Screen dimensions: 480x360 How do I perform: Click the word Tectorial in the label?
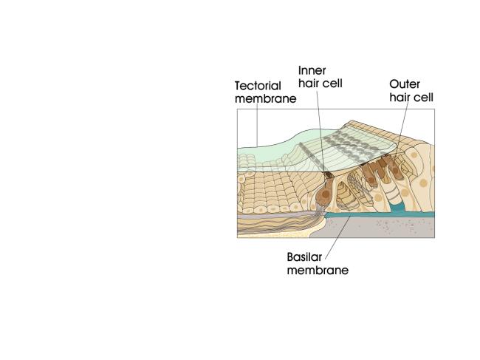(258, 86)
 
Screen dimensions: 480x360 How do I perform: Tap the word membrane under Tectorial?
(265, 98)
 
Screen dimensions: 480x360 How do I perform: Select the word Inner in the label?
(312, 70)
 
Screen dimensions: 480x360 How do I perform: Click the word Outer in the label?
(405, 84)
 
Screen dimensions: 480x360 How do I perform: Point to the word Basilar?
(304, 257)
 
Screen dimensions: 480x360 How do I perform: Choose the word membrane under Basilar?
(318, 271)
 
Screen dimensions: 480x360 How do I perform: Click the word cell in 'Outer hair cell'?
(423, 98)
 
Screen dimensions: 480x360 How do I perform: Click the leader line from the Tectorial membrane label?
(257, 125)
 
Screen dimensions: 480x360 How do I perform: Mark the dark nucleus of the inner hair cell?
(325, 194)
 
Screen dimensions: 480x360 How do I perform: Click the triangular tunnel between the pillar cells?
(345, 195)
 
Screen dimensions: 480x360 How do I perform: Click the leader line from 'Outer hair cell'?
(402, 129)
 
